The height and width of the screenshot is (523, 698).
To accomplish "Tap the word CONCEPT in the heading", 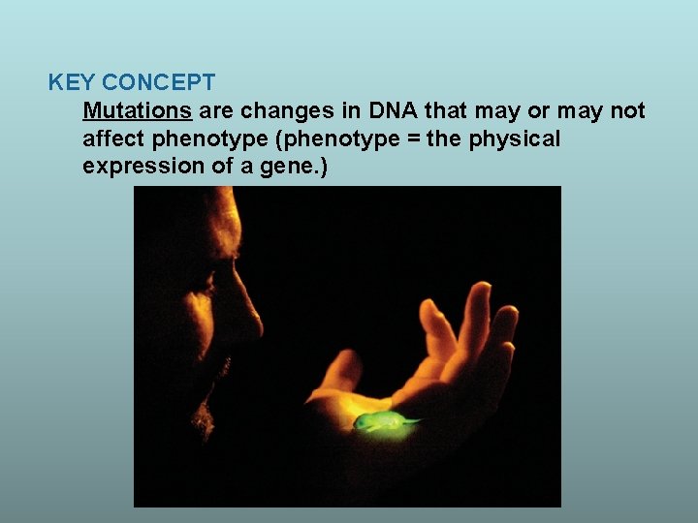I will (x=158, y=83).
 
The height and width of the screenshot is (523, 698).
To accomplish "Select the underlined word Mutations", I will (x=137, y=111).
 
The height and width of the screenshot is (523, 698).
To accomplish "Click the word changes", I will (x=278, y=111).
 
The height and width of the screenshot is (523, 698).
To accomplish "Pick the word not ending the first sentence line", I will (x=627, y=111).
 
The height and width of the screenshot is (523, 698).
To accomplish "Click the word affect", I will (x=111, y=138).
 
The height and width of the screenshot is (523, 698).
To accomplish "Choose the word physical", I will (x=514, y=138).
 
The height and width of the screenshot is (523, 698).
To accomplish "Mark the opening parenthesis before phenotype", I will (x=279, y=138).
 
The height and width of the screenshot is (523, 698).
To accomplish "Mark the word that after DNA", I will (x=446, y=111).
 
